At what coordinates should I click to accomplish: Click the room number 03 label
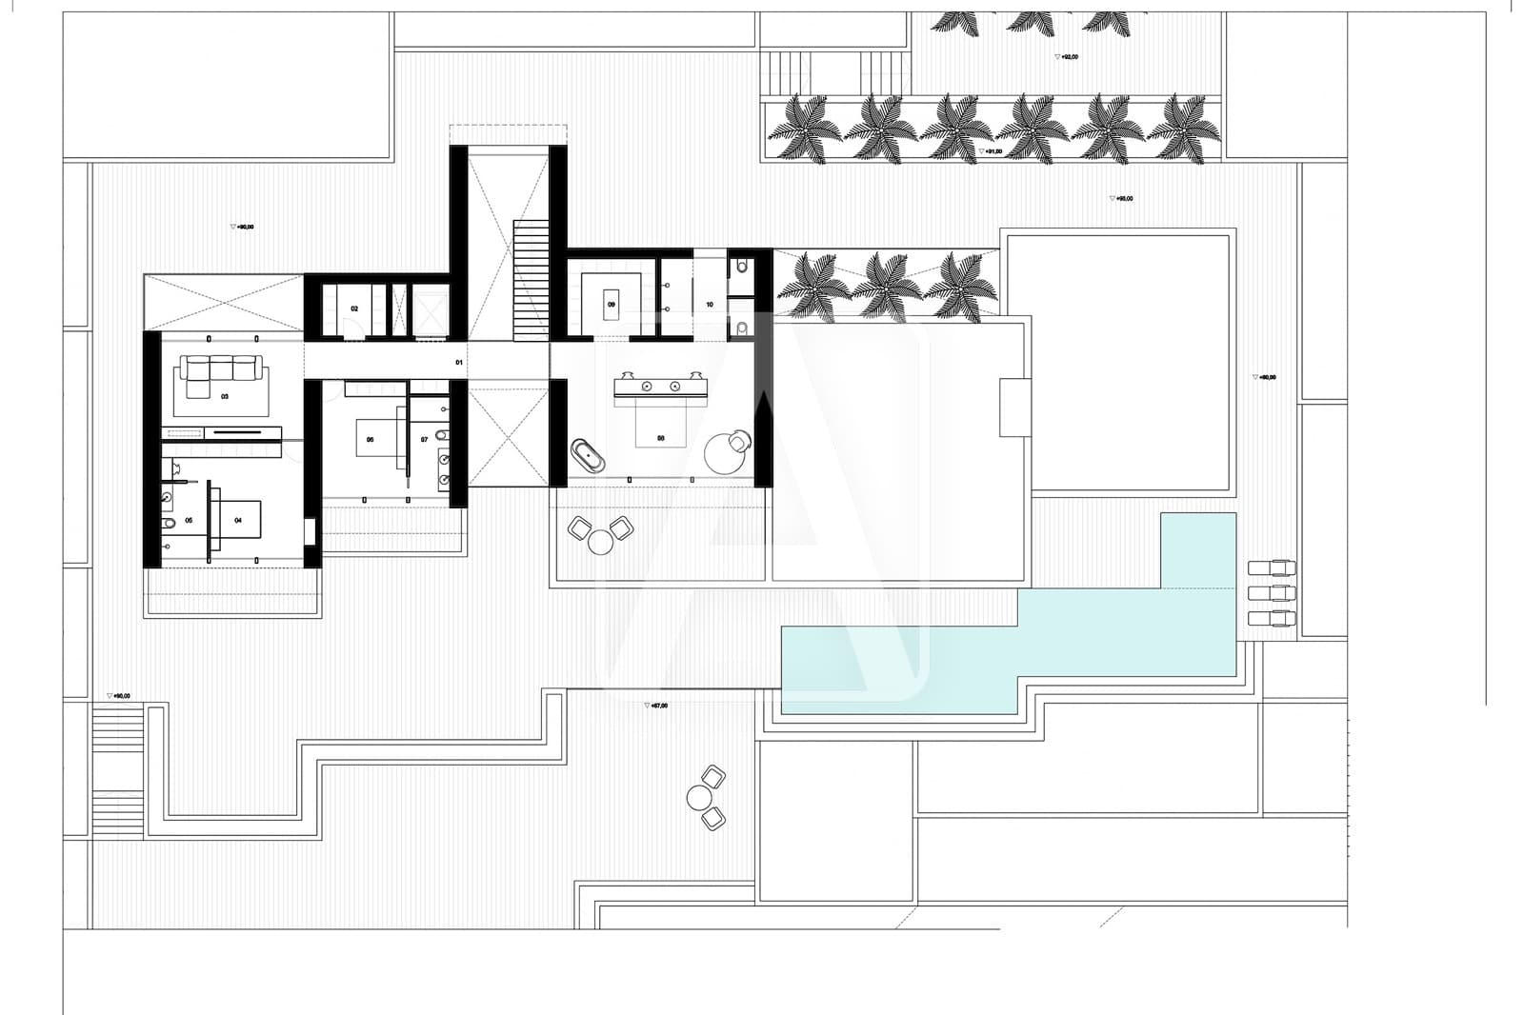coord(225,396)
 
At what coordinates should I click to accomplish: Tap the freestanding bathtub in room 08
coord(589,456)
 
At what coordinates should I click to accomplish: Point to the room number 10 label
coord(710,305)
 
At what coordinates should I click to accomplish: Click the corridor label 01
coord(459,363)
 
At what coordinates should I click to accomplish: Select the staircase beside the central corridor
coord(531,281)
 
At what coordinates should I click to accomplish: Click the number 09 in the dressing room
coord(612,305)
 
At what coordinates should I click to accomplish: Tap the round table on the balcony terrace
coord(600,542)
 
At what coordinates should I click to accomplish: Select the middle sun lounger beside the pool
coord(1272,593)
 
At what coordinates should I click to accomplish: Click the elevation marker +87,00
coord(656,706)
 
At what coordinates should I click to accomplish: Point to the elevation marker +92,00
coord(1067,57)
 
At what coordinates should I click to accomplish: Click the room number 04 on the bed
coord(238,520)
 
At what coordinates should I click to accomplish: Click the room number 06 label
coord(370,440)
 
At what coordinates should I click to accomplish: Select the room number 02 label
coord(354,308)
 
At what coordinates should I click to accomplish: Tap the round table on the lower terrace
coord(700,798)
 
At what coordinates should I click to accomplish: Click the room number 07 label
coord(424,440)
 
